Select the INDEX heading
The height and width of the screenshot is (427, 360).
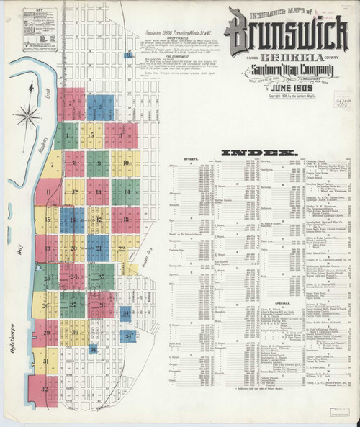point(259,153)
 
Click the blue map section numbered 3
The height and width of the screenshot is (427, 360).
point(99,105)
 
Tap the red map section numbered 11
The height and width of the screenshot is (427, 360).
point(48,193)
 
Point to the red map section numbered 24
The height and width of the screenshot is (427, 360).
point(72,277)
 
